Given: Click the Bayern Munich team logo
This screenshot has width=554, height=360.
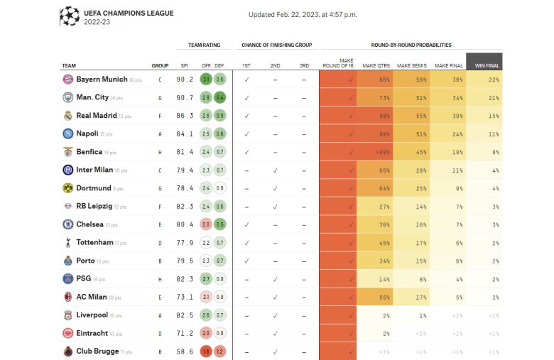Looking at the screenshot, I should [x=67, y=80].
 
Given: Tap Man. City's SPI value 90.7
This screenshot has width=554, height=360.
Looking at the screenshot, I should [x=185, y=97].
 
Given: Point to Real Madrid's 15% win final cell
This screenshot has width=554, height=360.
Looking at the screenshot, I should [x=484, y=116].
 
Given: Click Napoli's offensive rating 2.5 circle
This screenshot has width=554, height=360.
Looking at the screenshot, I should [x=206, y=133].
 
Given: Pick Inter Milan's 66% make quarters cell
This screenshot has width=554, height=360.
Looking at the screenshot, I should [x=374, y=170].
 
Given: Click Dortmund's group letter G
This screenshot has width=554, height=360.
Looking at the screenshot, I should [x=160, y=189].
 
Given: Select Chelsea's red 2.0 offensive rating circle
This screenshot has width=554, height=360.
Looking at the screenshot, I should [x=206, y=224].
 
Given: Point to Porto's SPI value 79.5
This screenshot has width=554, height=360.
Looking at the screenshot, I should [x=185, y=261].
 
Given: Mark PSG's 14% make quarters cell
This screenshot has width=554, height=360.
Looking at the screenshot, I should [x=374, y=279].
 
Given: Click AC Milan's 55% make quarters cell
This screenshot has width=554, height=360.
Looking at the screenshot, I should [x=374, y=298].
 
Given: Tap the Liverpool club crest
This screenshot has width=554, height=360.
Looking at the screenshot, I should [x=67, y=315].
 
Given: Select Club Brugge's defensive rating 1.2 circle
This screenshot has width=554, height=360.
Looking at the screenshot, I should [x=220, y=351].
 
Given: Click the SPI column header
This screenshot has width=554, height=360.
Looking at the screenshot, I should [x=185, y=66].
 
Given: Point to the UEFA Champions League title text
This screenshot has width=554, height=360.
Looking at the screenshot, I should [x=119, y=13].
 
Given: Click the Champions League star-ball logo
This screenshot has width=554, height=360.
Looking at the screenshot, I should [x=70, y=16].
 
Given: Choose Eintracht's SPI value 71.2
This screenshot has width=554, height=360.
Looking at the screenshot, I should [x=185, y=334].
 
